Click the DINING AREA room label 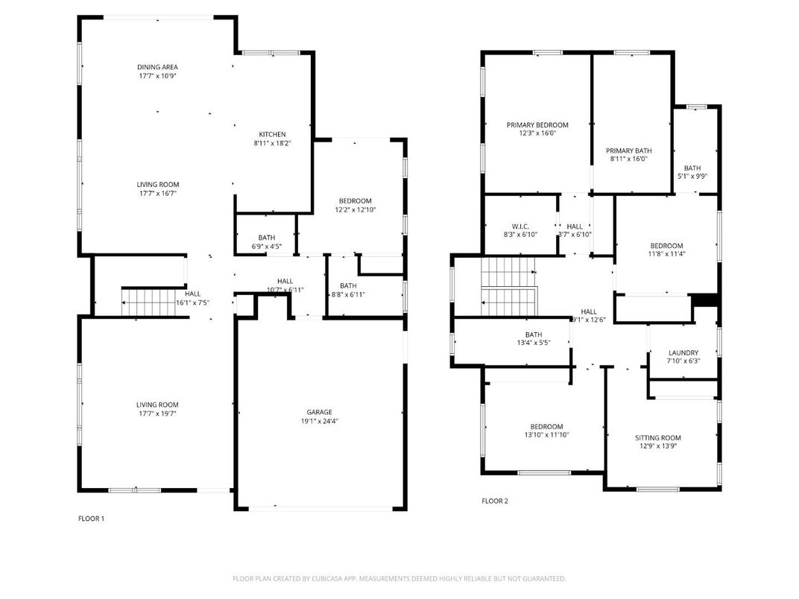157,67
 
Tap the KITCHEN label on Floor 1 272,134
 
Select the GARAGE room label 319,412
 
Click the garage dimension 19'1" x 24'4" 319,421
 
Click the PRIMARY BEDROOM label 537,125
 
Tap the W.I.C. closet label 519,226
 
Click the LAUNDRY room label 683,353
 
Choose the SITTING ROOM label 657,438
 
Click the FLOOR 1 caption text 92,519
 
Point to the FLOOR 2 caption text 495,501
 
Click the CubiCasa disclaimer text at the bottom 399,579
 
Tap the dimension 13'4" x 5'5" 533,343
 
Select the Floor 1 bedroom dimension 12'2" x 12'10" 355,210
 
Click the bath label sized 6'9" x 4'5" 266,238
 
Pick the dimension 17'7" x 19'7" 157,413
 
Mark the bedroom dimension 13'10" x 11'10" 547,435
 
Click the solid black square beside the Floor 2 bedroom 705,300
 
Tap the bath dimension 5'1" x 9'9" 692,177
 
